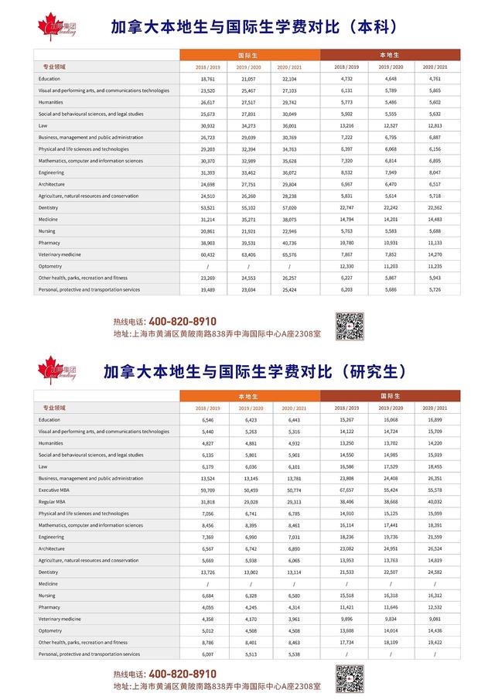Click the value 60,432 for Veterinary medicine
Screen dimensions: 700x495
point(207,254)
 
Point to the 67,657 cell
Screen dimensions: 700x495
point(346,490)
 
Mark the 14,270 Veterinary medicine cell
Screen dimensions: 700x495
point(433,254)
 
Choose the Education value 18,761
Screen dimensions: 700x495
point(207,79)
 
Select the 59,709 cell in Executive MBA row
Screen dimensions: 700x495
point(207,490)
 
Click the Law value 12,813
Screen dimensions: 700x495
point(433,125)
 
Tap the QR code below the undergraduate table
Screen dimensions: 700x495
point(350,326)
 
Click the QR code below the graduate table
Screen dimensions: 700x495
point(350,678)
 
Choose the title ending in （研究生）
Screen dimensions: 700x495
point(254,371)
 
